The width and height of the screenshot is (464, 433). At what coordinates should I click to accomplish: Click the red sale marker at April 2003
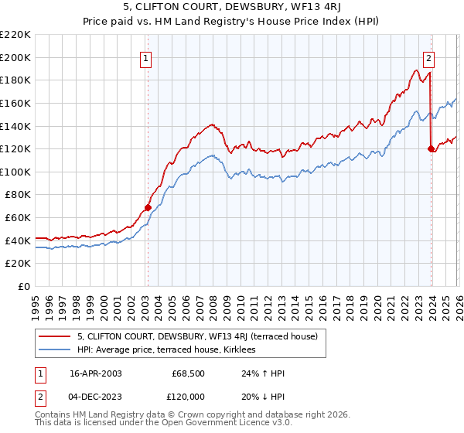[148, 207]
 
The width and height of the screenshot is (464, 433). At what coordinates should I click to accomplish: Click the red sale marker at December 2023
[431, 148]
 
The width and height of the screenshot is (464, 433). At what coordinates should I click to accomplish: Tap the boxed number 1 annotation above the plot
[146, 56]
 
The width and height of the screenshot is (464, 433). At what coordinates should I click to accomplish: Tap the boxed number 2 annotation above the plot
[428, 56]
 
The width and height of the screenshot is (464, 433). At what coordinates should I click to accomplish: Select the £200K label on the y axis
[15, 57]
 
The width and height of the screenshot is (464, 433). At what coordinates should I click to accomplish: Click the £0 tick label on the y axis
[22, 286]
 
